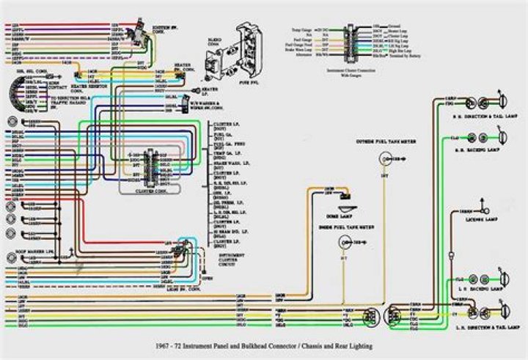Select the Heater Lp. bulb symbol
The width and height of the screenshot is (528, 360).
click(196, 89)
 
